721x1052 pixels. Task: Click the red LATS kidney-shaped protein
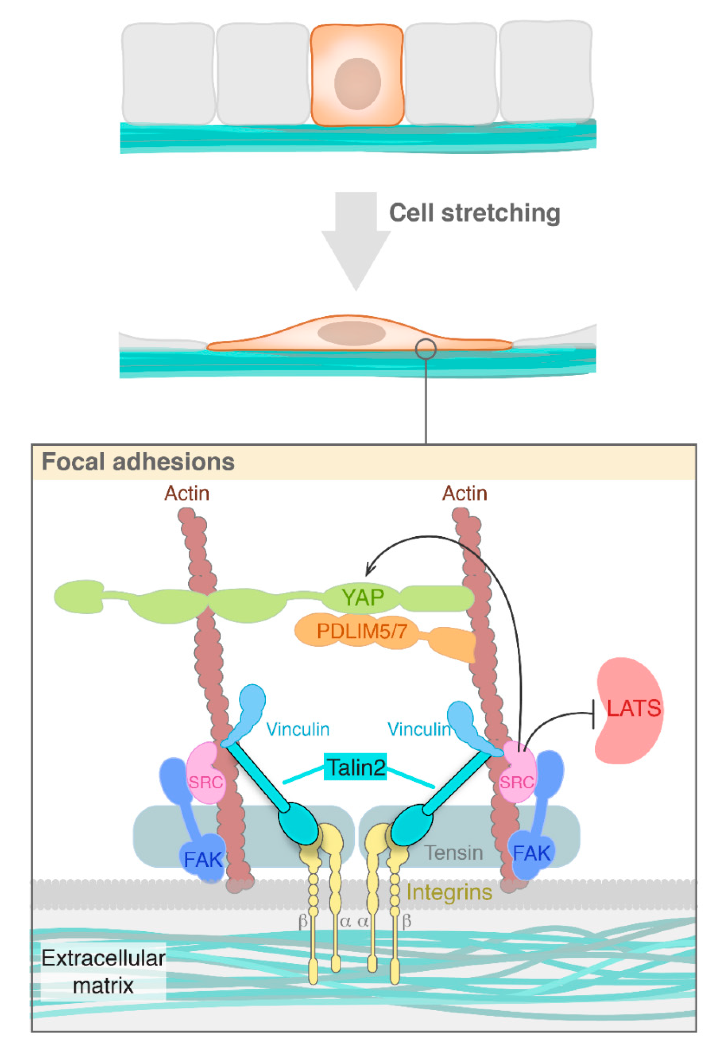tap(629, 710)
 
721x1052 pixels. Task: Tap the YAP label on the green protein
tap(363, 597)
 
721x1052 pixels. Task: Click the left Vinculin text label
tap(298, 729)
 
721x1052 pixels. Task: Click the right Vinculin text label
tap(419, 729)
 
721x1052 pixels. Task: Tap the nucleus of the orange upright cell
tap(357, 84)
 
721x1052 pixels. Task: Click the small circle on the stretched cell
tap(426, 349)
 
